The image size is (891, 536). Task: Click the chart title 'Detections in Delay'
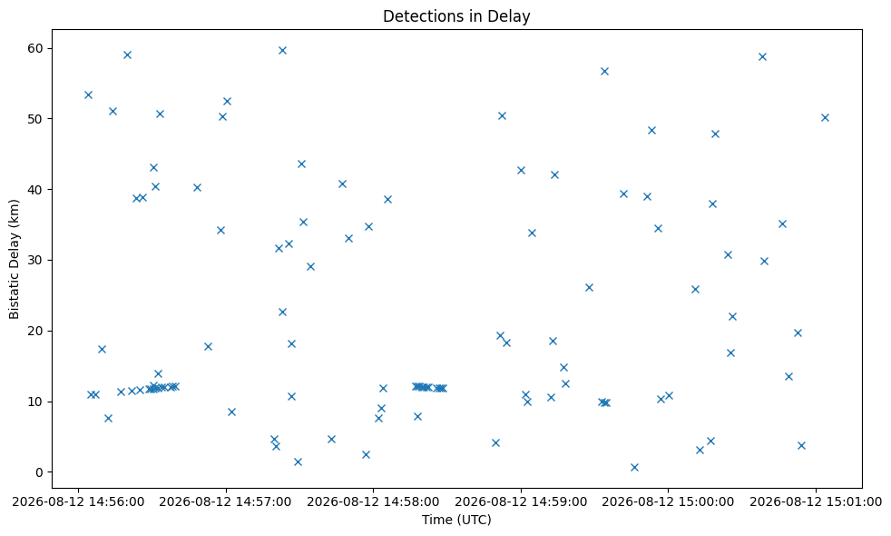tap(456, 16)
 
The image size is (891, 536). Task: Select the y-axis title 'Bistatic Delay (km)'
tap(14, 259)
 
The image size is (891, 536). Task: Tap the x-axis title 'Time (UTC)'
tap(456, 520)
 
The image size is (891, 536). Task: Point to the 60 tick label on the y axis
tap(35, 48)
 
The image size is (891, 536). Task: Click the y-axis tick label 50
tap(35, 119)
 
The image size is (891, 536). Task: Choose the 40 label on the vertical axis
tap(35, 190)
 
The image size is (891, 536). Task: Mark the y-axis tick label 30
tap(35, 260)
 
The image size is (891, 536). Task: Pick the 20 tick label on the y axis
tap(35, 332)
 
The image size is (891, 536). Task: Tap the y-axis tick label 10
tap(35, 402)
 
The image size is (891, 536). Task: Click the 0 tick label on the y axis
tap(40, 472)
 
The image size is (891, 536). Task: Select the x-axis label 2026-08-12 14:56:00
tap(78, 501)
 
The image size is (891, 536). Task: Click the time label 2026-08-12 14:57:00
tap(226, 501)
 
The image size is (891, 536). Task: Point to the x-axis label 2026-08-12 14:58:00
tap(373, 501)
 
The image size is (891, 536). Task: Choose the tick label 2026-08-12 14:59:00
tap(521, 501)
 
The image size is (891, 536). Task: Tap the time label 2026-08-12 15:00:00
tap(668, 501)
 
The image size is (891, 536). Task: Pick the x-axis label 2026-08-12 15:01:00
tap(816, 501)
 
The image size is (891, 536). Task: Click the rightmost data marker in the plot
tap(825, 118)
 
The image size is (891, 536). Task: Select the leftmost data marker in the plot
tap(88, 95)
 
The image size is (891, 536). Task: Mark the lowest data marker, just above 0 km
tap(635, 468)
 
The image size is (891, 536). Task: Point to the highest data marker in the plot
tap(282, 51)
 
